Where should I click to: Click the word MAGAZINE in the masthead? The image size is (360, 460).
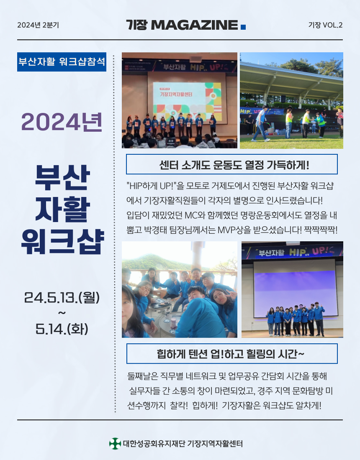pos(194,25)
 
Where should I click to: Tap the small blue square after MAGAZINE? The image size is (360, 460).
pos(243,27)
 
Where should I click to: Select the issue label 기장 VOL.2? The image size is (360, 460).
pos(325,25)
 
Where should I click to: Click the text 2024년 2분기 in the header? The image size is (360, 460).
pos(38,25)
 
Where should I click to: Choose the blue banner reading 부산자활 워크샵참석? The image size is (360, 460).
pos(62,62)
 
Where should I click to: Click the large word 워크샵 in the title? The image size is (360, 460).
pos(62,241)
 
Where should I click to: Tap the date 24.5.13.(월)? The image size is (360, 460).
pos(62,297)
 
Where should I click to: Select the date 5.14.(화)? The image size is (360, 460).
pos(62,329)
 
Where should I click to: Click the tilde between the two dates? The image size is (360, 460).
pos(62,313)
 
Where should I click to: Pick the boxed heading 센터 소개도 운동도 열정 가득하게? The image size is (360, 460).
pos(231,164)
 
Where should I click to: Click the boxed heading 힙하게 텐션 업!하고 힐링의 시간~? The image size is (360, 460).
pos(231,353)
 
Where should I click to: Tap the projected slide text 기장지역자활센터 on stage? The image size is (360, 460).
pos(176,94)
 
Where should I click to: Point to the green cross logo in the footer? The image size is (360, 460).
pos(115,444)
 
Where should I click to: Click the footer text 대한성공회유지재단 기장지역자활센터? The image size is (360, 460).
pos(183,444)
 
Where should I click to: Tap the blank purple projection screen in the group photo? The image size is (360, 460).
pos(295,294)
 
